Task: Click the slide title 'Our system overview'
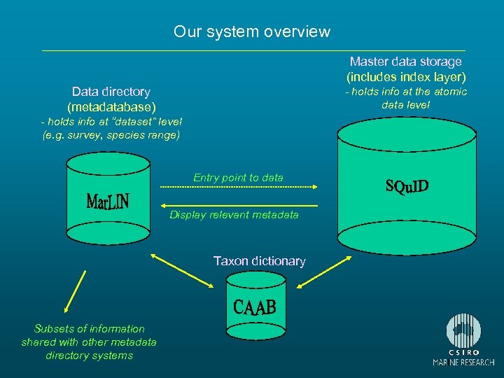click(x=251, y=31)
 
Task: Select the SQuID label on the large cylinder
click(x=407, y=187)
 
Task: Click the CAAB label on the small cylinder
click(x=255, y=307)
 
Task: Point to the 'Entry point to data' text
click(x=238, y=178)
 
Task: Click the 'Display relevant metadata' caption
click(x=234, y=215)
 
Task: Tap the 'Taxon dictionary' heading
click(x=259, y=261)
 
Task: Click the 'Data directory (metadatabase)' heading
click(x=111, y=99)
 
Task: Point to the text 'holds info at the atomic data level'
click(x=406, y=98)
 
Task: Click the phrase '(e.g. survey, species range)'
click(x=111, y=135)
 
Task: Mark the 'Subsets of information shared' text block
click(x=89, y=342)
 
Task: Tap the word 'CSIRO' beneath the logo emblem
click(x=463, y=352)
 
